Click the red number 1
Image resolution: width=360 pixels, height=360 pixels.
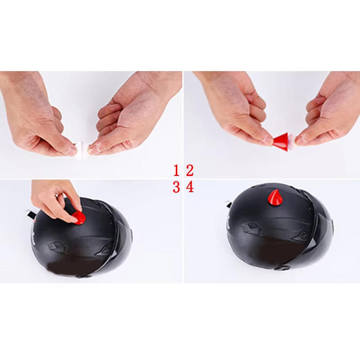[x=176, y=171]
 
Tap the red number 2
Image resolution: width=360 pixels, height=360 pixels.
[x=189, y=171]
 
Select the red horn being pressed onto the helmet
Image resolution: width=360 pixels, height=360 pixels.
[x=79, y=218]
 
